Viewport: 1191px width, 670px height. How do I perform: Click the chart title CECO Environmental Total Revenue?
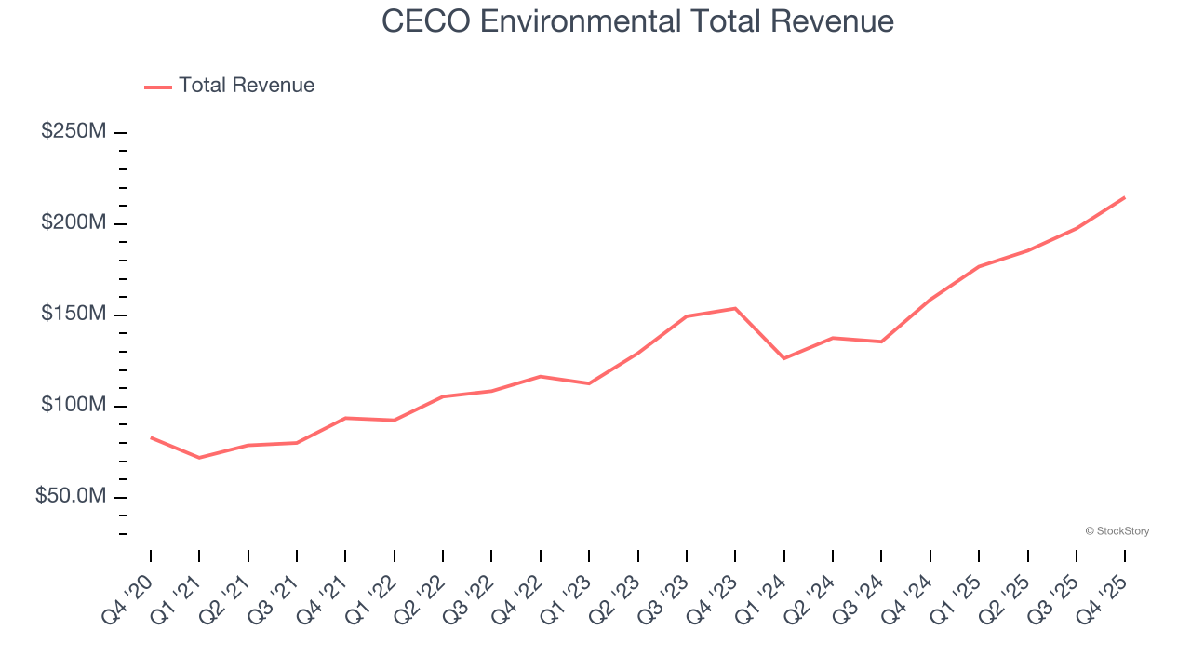(x=637, y=21)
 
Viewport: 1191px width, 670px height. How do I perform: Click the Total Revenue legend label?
(x=247, y=86)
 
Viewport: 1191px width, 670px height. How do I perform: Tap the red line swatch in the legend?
(x=158, y=87)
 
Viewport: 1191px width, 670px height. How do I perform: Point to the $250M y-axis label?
(x=73, y=132)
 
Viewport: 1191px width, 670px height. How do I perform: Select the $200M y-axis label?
(x=73, y=223)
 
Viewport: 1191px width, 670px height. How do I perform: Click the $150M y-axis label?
(x=73, y=315)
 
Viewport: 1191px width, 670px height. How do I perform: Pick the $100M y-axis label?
(x=73, y=406)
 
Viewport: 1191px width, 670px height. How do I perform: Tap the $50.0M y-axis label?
(x=70, y=497)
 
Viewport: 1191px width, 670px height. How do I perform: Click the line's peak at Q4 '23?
(x=735, y=308)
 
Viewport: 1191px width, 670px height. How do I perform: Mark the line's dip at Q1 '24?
(x=784, y=358)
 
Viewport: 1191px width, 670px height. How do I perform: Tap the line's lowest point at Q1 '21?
(x=199, y=458)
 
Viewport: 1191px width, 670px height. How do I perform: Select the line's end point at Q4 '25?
(x=1125, y=197)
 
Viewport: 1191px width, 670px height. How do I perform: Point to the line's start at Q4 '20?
(x=151, y=437)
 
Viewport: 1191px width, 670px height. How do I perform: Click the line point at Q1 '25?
(x=979, y=266)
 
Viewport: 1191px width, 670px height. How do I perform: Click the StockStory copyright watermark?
(x=1117, y=531)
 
